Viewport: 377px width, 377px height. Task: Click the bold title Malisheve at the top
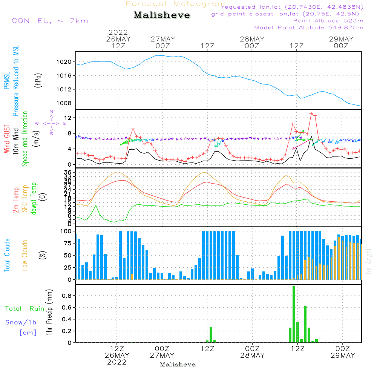tap(162, 15)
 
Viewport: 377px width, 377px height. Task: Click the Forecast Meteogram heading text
tap(175, 4)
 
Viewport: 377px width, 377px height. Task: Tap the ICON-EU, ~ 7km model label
tap(48, 20)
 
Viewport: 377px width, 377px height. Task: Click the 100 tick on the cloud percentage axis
tap(66, 231)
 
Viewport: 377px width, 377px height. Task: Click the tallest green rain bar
tap(294, 314)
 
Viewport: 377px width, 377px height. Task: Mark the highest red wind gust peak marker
tap(311, 114)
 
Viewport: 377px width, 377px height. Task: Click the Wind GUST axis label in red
tap(7, 139)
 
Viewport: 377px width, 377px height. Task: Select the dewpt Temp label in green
tap(34, 198)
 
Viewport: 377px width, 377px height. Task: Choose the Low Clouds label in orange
tap(25, 255)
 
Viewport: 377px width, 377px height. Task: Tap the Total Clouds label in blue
tap(7, 255)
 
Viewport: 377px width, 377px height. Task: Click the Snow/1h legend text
tap(21, 322)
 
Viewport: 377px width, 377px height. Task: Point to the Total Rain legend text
tap(25, 309)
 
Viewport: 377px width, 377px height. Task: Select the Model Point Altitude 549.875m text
tap(309, 28)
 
